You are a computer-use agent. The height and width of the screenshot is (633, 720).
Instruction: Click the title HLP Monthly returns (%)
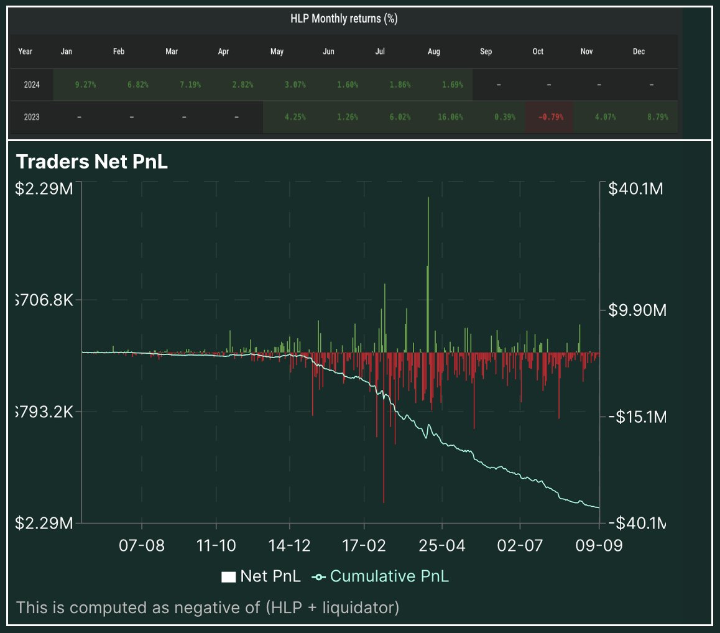pyautogui.click(x=344, y=19)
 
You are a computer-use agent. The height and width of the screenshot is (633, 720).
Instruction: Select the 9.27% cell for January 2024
pyautogui.click(x=85, y=85)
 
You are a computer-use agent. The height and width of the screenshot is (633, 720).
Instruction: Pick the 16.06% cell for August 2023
pyautogui.click(x=451, y=117)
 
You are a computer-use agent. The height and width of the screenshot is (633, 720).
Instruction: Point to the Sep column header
pyautogui.click(x=486, y=52)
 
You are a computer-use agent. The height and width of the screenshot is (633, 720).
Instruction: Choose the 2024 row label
pyautogui.click(x=32, y=85)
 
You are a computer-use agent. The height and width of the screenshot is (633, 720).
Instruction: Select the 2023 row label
pyautogui.click(x=32, y=117)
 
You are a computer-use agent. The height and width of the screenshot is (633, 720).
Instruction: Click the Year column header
pyautogui.click(x=25, y=52)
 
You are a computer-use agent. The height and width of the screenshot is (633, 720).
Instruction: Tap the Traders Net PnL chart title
pyautogui.click(x=92, y=162)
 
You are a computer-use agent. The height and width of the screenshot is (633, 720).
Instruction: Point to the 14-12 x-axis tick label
pyautogui.click(x=290, y=545)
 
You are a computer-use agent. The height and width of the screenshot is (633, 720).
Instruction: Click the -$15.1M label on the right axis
pyautogui.click(x=636, y=417)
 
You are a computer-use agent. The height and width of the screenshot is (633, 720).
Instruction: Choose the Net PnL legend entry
pyautogui.click(x=261, y=576)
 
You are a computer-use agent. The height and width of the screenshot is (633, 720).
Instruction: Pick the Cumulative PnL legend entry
pyautogui.click(x=381, y=576)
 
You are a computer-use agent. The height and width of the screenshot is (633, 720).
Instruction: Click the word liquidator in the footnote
pyautogui.click(x=356, y=607)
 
